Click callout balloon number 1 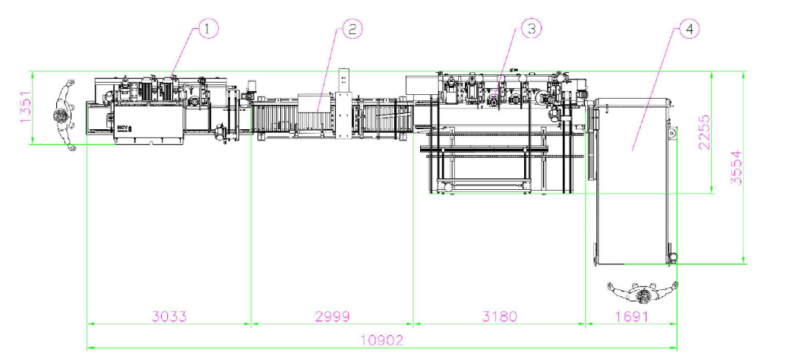coord(209,29)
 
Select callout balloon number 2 coord(352,29)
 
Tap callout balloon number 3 coord(532,29)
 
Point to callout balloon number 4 coord(689,29)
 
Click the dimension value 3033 coord(169,316)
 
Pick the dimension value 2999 coord(332,316)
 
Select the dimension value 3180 coord(499,316)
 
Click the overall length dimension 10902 coord(382,340)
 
